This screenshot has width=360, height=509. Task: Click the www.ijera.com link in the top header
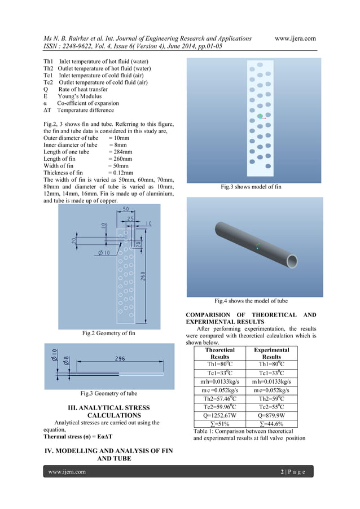[295, 38]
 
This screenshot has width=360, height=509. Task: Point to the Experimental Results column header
[271, 353]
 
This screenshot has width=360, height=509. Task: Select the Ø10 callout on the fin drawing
[106, 252]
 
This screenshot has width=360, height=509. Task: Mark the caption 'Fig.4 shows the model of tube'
[251, 301]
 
